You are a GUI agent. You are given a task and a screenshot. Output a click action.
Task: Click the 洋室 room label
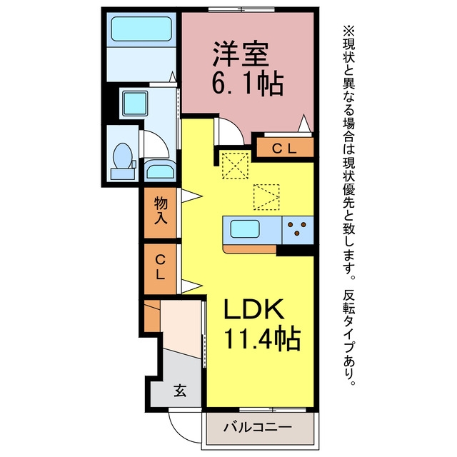tap(241, 54)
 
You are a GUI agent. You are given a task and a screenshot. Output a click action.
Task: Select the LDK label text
tap(253, 309)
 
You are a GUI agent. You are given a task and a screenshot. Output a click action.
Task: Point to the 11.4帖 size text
tap(262, 338)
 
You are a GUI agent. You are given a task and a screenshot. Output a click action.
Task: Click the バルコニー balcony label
tap(258, 428)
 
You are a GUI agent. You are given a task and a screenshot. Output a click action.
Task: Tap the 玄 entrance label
tap(180, 391)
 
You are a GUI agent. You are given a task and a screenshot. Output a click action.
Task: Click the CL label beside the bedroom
tap(284, 149)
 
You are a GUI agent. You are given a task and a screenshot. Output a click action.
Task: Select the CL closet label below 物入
tap(160, 267)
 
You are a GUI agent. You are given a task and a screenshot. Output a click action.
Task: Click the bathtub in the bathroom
tap(141, 29)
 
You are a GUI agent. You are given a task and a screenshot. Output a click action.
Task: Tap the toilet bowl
tap(122, 156)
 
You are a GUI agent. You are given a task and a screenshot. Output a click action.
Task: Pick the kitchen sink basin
tap(245, 229)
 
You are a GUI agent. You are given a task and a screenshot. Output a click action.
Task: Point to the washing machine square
tap(135, 103)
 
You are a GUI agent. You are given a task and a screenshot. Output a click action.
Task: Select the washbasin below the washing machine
tap(160, 171)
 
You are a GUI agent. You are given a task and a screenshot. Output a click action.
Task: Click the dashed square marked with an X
tap(235, 165)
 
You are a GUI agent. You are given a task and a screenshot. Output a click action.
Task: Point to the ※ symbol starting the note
tap(349, 31)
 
